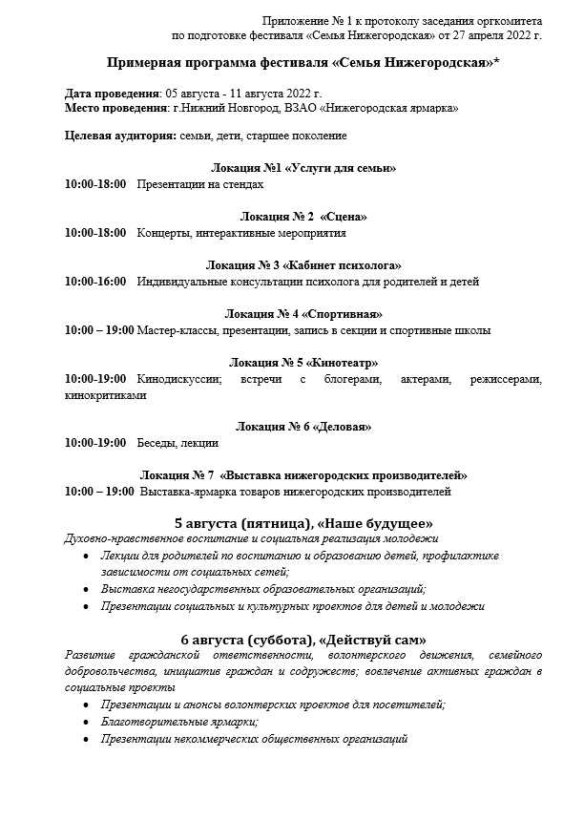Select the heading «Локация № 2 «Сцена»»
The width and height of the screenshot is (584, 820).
pyautogui.click(x=302, y=217)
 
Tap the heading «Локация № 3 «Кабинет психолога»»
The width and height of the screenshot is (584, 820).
pyautogui.click(x=302, y=265)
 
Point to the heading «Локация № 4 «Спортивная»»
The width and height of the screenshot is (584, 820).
pyautogui.click(x=302, y=314)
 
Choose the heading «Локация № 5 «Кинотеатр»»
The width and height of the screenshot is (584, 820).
pyautogui.click(x=302, y=363)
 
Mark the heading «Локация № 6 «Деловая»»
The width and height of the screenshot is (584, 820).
pyautogui.click(x=302, y=427)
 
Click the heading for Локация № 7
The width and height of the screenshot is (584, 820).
pyautogui.click(x=302, y=475)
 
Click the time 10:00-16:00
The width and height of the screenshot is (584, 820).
pyautogui.click(x=95, y=282)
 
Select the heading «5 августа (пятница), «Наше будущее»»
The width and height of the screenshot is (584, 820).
pyautogui.click(x=302, y=524)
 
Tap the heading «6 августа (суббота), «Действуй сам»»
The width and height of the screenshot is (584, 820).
pyautogui.click(x=302, y=640)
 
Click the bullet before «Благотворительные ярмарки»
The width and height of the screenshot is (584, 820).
pyautogui.click(x=89, y=723)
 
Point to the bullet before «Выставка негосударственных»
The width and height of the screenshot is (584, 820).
pyautogui.click(x=89, y=590)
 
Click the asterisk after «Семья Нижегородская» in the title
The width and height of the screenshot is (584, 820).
pyautogui.click(x=498, y=61)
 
